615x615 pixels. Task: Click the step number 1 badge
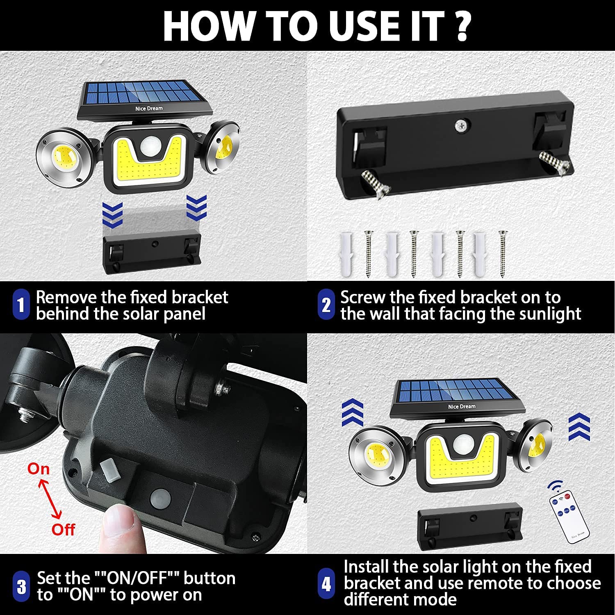coord(21,305)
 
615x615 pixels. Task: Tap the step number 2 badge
coord(326,305)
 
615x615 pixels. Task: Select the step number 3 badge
coord(21,587)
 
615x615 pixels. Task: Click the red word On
coord(39,469)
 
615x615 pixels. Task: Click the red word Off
coord(63,529)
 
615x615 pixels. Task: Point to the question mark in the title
coord(462,26)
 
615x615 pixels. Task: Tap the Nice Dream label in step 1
coord(149,108)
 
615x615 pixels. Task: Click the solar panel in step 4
coord(458,398)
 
